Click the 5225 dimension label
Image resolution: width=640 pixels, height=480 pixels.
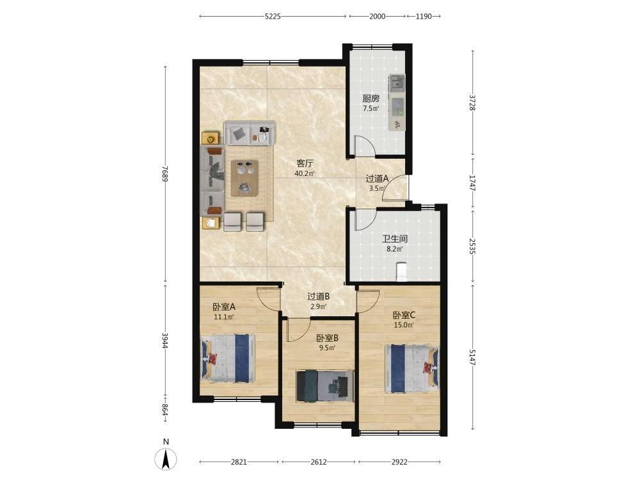pos(273,17)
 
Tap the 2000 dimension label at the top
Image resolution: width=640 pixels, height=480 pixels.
pos(377,17)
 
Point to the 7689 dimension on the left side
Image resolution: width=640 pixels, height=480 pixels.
pos(165,173)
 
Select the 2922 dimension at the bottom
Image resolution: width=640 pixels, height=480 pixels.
pos(399,462)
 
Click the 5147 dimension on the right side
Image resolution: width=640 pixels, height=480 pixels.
pos(473,357)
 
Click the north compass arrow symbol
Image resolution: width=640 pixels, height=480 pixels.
pos(166,459)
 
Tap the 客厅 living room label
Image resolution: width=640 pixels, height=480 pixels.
pos(305,164)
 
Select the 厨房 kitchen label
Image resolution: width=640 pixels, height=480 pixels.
pos(371,99)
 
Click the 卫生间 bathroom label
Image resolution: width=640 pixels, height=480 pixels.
pos(395,239)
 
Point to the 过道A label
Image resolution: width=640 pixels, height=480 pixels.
pos(377,179)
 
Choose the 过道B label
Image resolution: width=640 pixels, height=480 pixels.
pos(318,296)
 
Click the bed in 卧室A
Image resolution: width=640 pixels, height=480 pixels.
pos(228,358)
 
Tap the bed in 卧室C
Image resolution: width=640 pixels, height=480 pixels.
pos(412,368)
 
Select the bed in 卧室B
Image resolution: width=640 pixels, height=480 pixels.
pos(325,386)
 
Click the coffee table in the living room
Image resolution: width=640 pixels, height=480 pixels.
pos(244,178)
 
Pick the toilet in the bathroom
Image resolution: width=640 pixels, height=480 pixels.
pos(402,272)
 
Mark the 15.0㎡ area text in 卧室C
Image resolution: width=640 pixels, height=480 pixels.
pos(404,325)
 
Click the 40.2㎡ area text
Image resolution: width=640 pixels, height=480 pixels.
pos(305,173)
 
